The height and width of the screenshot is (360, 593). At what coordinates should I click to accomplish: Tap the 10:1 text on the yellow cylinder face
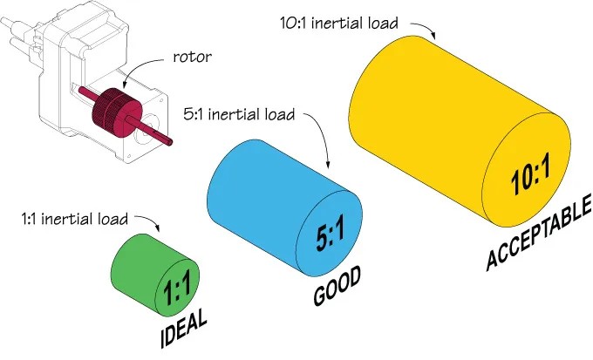click(x=528, y=180)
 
